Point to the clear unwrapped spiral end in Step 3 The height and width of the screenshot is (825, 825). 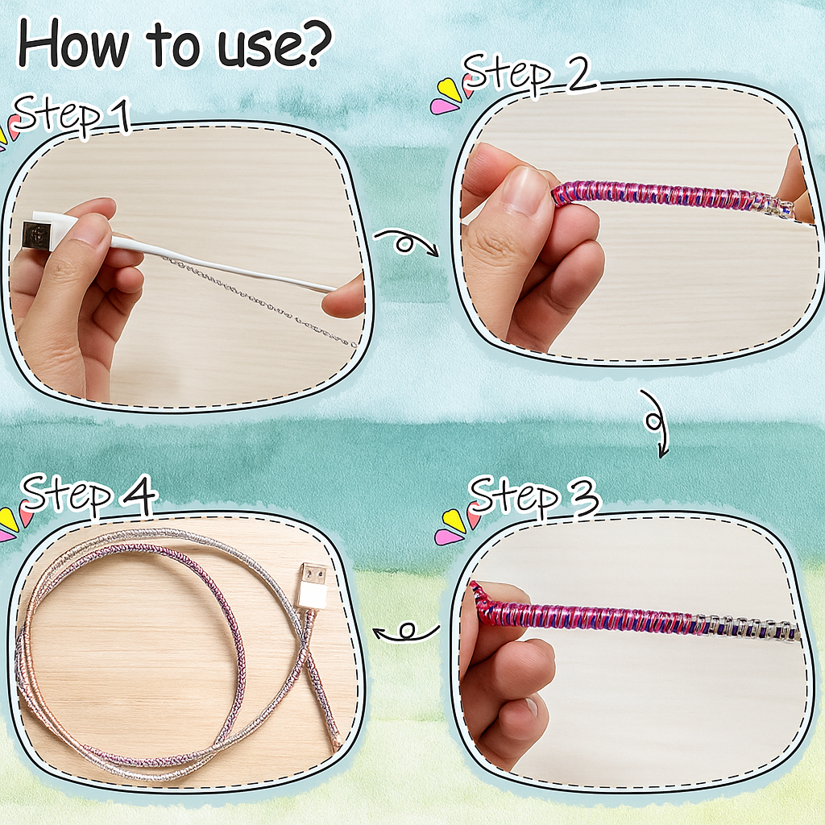coord(750,627)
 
